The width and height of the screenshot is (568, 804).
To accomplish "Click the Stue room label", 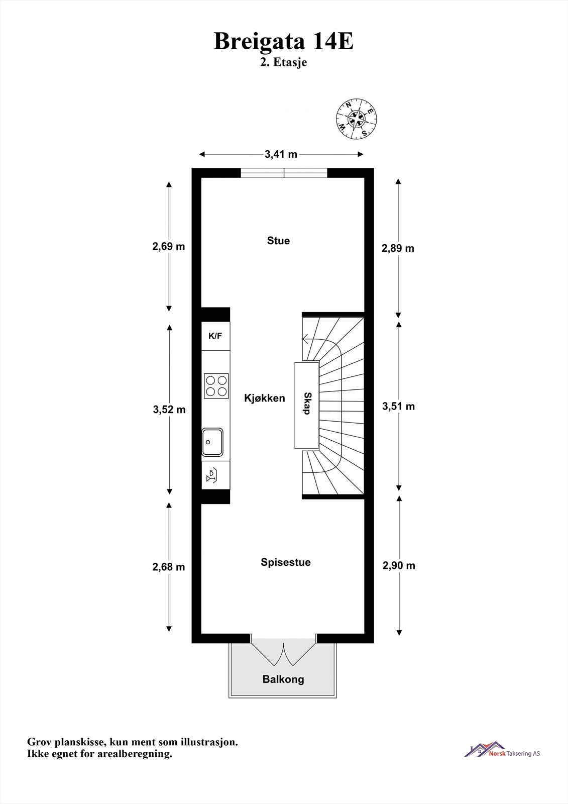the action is (278, 241).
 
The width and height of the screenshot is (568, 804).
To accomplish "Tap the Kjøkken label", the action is (265, 398).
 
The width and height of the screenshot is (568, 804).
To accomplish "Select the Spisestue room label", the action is (286, 562).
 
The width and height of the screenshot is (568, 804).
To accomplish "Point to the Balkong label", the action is (283, 679).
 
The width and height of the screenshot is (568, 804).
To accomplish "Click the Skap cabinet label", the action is (307, 404).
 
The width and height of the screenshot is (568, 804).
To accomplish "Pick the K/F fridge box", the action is (215, 336).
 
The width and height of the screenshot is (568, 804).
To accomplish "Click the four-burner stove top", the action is (216, 386).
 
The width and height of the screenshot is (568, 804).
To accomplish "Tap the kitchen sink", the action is (212, 442).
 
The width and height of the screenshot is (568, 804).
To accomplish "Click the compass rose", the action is (357, 119).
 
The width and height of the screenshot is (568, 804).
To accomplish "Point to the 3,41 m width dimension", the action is (281, 154).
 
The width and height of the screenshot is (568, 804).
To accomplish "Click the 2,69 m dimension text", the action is (169, 247).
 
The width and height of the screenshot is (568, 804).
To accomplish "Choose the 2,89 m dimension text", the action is (398, 248).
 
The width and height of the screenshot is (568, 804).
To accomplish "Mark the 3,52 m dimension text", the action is (169, 409).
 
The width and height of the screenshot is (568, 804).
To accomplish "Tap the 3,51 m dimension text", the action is (399, 407).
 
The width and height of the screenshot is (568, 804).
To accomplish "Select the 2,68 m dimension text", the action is (169, 567).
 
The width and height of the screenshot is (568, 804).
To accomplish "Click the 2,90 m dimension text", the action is (399, 566).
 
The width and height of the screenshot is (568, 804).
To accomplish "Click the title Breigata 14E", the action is (284, 41).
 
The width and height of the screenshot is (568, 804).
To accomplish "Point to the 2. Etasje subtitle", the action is (284, 62).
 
